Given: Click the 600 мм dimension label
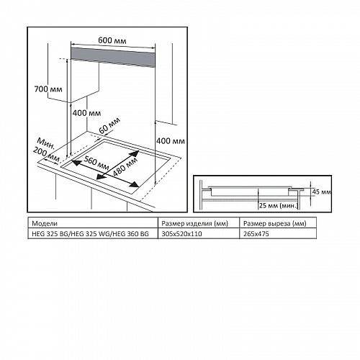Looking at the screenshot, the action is [x=112, y=40].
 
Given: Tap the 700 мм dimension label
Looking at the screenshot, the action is [x=48, y=89].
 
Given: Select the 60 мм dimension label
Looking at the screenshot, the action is [x=109, y=126].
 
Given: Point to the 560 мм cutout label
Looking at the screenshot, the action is [x=96, y=163].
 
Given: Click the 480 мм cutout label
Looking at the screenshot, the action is [x=125, y=166].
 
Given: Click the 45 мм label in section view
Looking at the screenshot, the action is [x=321, y=192].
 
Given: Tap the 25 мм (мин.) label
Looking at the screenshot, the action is [x=279, y=206].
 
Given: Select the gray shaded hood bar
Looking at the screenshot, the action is [x=112, y=58].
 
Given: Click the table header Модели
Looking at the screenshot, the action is [x=45, y=224].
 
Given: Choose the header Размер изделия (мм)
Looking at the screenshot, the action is [x=194, y=224].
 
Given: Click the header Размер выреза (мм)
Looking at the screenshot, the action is [x=275, y=224].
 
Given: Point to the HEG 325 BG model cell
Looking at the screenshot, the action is [x=93, y=234].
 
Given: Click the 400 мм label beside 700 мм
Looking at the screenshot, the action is [x=86, y=113].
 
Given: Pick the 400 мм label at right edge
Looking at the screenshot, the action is [x=171, y=141].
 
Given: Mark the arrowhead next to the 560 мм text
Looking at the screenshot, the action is [x=76, y=163].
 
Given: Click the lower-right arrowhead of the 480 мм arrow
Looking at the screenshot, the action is [x=135, y=184].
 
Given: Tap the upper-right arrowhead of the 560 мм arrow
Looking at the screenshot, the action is [x=135, y=153].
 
